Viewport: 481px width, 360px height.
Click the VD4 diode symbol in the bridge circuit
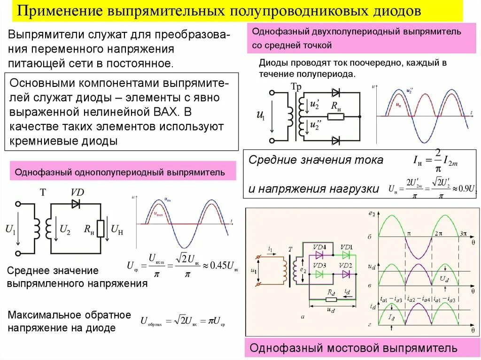(321, 255)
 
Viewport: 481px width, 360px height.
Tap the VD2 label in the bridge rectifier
(346, 265)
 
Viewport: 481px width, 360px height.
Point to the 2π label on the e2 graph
(438, 233)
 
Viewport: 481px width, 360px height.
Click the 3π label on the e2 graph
(462, 233)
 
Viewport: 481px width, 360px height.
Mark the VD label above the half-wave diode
(77, 192)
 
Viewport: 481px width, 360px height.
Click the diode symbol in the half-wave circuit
(76, 204)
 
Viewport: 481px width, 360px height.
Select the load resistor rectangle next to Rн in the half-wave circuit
(101, 229)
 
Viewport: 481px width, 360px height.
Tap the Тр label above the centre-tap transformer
(296, 87)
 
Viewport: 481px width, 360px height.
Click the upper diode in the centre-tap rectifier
(335, 92)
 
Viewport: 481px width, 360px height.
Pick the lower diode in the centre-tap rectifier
(335, 140)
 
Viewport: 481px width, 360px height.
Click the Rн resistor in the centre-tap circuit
(335, 116)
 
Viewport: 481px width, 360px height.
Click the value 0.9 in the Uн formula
(460, 189)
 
